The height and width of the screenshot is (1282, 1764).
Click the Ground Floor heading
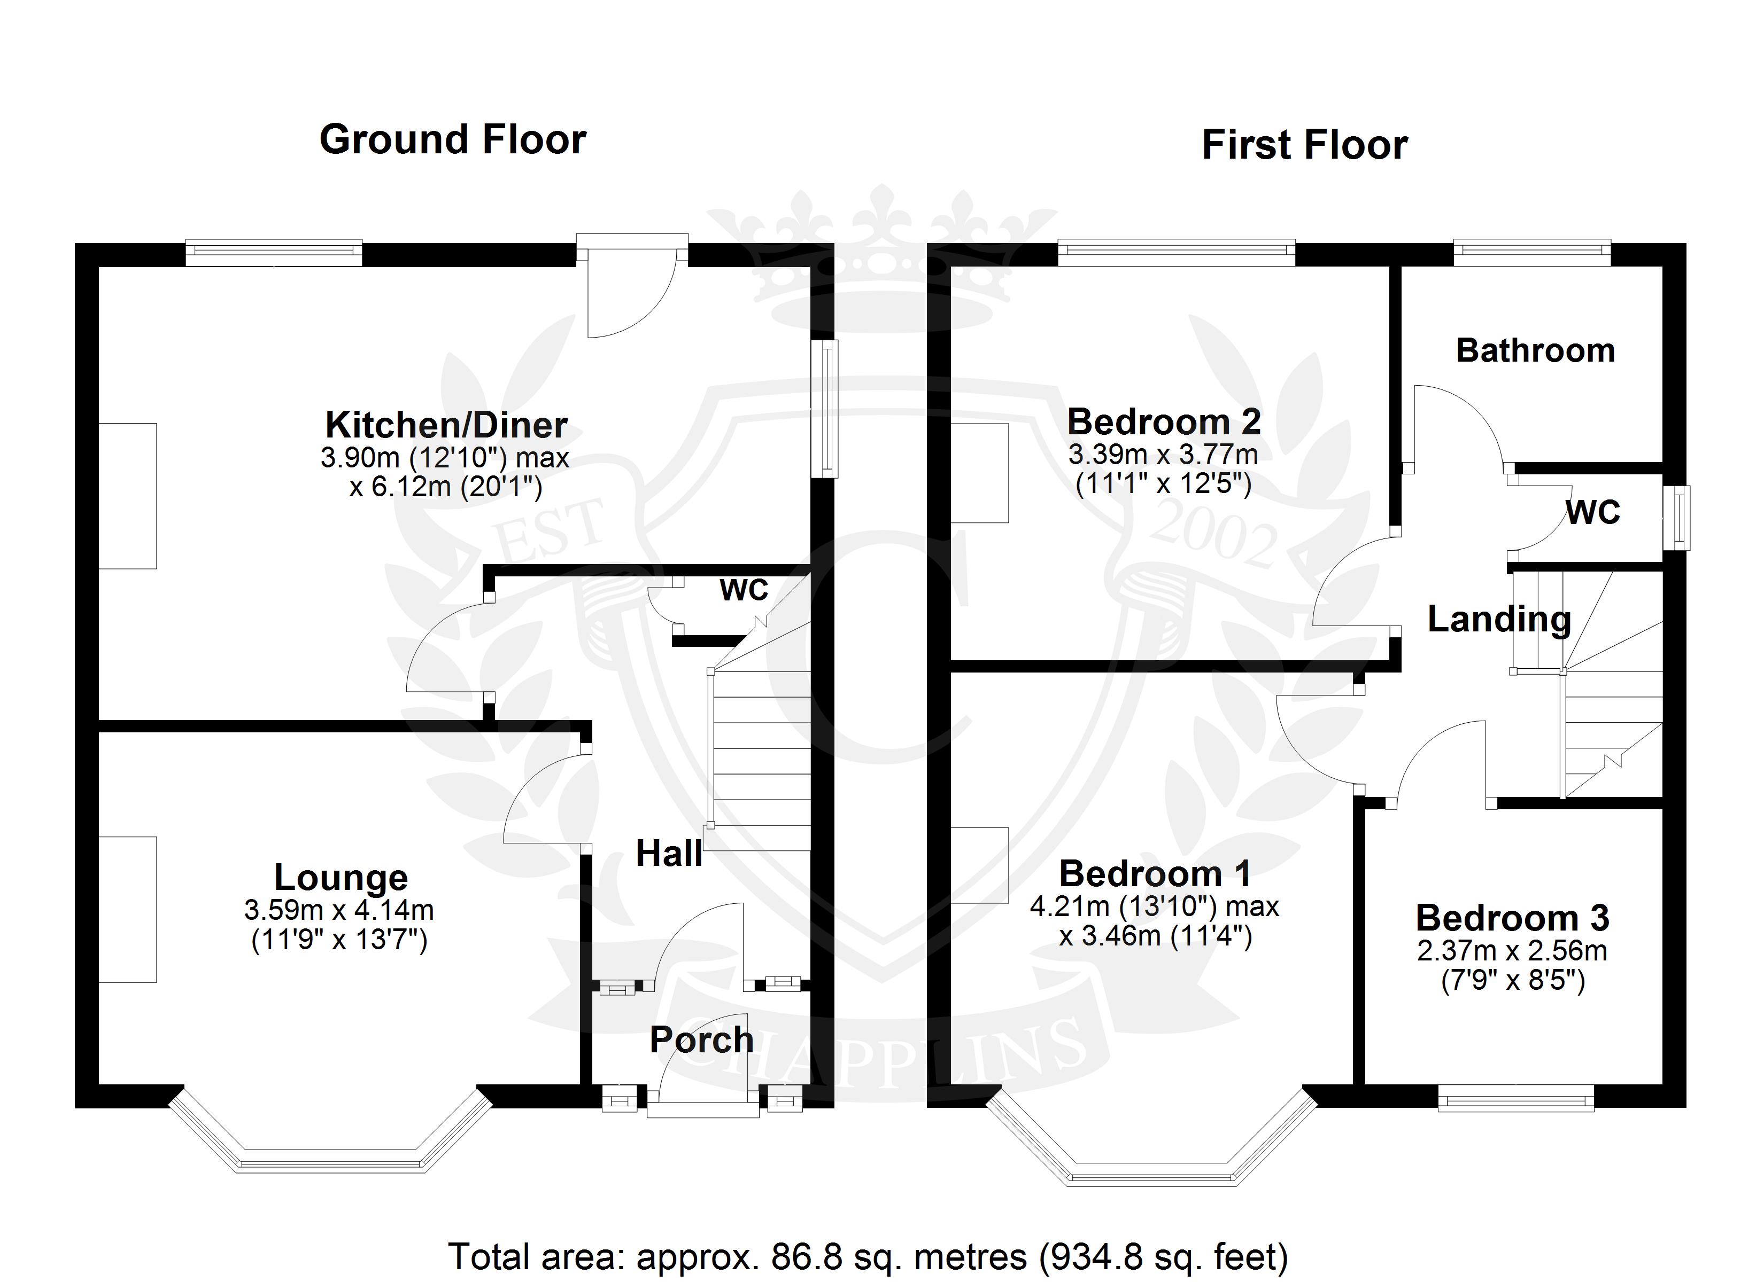pyautogui.click(x=453, y=140)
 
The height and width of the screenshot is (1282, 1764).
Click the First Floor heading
pyautogui.click(x=1304, y=145)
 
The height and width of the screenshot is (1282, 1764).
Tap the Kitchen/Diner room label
pyautogui.click(x=446, y=425)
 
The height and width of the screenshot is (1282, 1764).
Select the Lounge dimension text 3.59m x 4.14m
pyautogui.click(x=339, y=910)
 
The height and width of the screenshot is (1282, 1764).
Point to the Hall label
pyautogui.click(x=668, y=854)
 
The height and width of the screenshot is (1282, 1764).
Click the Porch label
pyautogui.click(x=701, y=1040)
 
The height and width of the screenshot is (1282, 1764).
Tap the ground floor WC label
pyautogui.click(x=744, y=590)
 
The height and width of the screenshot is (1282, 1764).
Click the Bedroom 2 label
pyautogui.click(x=1164, y=422)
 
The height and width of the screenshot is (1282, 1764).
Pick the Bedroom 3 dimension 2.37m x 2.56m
pyautogui.click(x=1512, y=951)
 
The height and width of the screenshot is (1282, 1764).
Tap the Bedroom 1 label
pyautogui.click(x=1155, y=874)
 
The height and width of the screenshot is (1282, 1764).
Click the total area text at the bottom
pyautogui.click(x=868, y=1256)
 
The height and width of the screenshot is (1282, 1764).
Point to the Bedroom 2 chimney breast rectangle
pyautogui.click(x=980, y=473)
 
